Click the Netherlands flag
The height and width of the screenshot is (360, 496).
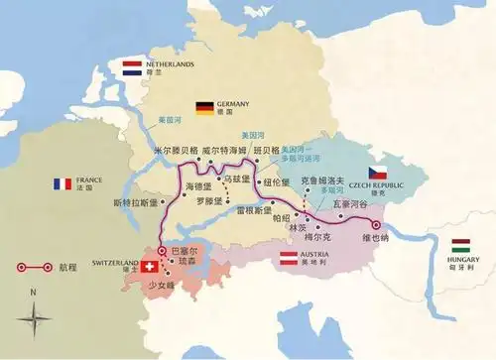pyautogui.click(x=132, y=67)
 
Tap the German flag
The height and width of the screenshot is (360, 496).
pyautogui.click(x=205, y=106)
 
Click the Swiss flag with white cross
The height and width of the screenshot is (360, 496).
pyautogui.click(x=151, y=267)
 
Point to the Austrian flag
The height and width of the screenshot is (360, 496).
pyautogui.click(x=288, y=260)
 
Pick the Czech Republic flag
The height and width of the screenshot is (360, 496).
pyautogui.click(x=378, y=173)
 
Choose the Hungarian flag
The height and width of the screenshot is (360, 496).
pyautogui.click(x=460, y=245)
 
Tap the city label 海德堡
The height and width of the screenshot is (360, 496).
pyautogui.click(x=198, y=186)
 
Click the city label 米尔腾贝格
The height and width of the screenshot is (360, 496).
pyautogui.click(x=175, y=152)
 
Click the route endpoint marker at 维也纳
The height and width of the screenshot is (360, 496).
pyautogui.click(x=376, y=224)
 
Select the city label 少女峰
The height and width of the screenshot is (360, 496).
pyautogui.click(x=161, y=285)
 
